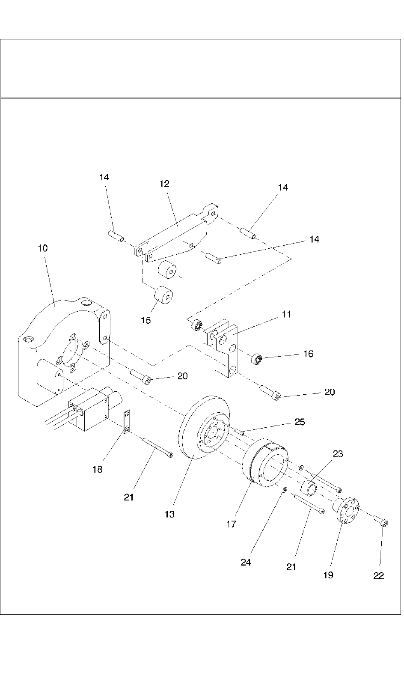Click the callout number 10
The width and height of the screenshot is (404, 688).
[x=43, y=248]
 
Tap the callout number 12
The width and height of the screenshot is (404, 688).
[x=164, y=184]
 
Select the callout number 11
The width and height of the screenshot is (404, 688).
[x=286, y=314]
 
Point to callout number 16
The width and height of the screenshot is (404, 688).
[x=308, y=354]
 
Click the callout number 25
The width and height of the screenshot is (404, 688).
[x=300, y=422]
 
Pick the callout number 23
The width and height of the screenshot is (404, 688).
[x=338, y=454]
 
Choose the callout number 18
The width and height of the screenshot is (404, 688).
[x=97, y=469]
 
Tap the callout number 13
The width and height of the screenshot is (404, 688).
[x=169, y=514]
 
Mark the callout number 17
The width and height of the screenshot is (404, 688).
[x=231, y=524]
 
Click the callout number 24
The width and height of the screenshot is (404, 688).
[x=246, y=563]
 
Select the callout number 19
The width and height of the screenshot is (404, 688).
[x=328, y=575]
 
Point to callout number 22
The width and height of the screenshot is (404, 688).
[x=378, y=576]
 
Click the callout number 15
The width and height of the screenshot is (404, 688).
[x=146, y=320]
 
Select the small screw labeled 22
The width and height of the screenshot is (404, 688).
[x=380, y=521]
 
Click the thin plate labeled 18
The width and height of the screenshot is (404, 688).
[x=127, y=421]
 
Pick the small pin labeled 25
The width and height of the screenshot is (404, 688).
[x=239, y=432]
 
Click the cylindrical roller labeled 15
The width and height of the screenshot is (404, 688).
[x=163, y=295]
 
